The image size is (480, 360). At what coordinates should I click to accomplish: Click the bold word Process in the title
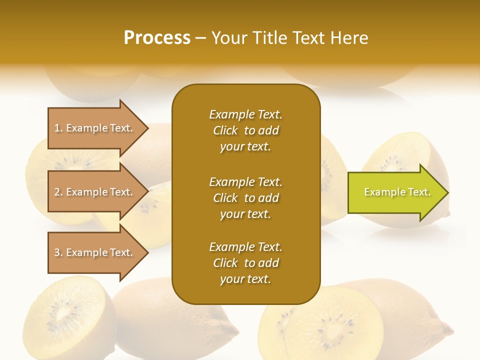(x=157, y=38)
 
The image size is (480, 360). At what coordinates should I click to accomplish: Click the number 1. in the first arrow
(x=58, y=128)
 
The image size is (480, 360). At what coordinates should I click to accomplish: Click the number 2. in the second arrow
(x=58, y=192)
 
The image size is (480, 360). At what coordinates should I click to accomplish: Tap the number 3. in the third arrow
(x=58, y=252)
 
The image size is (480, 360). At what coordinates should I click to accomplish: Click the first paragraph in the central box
(x=245, y=130)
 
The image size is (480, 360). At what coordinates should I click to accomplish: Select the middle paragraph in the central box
(x=245, y=198)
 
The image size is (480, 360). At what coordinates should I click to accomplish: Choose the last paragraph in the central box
(x=245, y=263)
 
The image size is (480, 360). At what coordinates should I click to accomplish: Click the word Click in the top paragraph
(x=225, y=130)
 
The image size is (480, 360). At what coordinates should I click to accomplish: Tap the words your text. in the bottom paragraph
(x=245, y=279)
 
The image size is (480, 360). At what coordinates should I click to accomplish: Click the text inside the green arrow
(x=397, y=192)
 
